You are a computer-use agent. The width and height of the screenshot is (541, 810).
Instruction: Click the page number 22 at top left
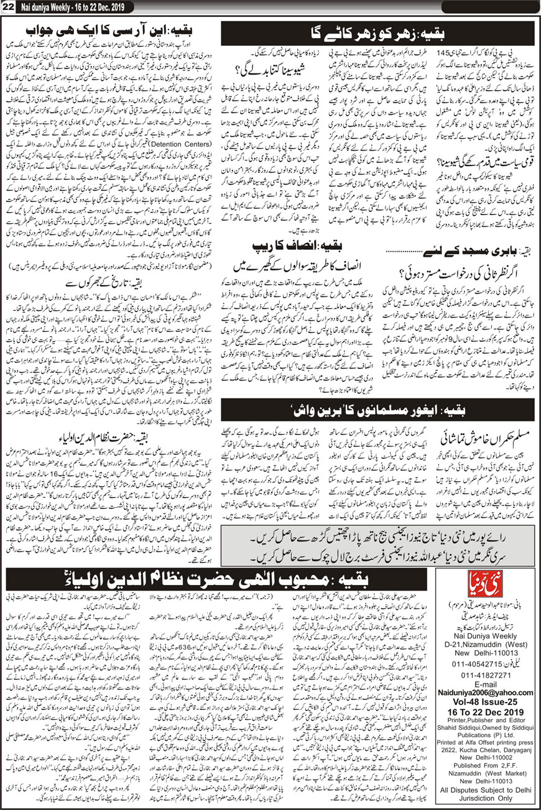coord(8,6)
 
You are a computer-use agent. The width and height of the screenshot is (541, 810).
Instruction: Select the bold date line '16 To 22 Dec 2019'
coord(483,696)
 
